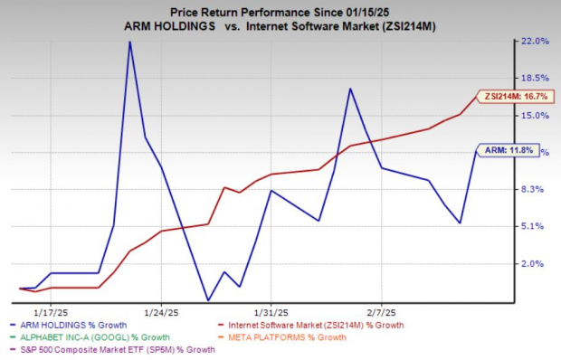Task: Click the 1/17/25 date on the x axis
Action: click(51, 307)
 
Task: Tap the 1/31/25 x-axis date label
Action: click(271, 307)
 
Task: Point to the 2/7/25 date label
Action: click(381, 307)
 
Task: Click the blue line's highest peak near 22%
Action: click(129, 42)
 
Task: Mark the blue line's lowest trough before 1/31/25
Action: click(208, 300)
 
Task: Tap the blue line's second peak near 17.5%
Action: click(349, 89)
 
